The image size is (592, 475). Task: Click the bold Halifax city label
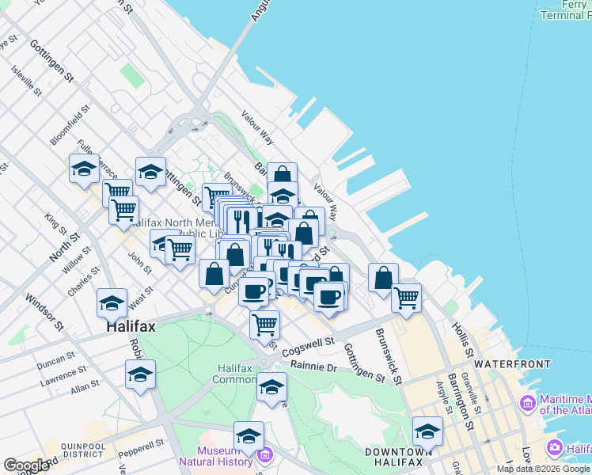(132, 326)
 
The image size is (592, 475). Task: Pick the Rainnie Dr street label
(313, 367)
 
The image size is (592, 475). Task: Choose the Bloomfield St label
(65, 131)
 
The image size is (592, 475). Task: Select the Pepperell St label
(142, 444)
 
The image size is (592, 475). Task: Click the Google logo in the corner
(26, 465)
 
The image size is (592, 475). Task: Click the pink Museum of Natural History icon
(265, 457)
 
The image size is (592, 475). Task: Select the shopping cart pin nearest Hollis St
(406, 298)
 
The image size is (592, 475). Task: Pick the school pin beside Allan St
(140, 374)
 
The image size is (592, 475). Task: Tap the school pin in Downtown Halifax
(427, 431)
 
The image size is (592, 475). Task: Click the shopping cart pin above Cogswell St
(264, 323)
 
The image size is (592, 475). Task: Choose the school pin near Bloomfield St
(84, 168)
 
